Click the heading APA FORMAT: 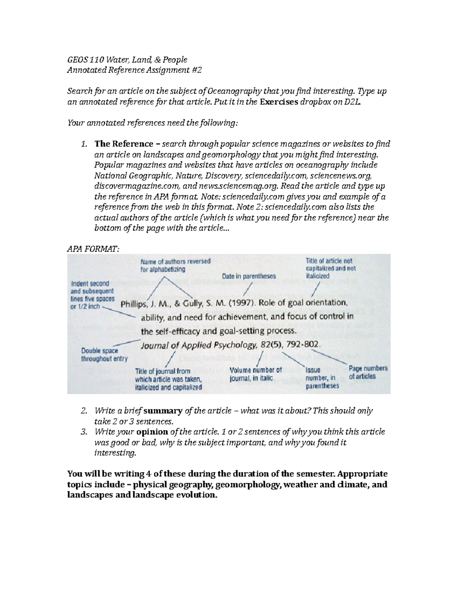[x=93, y=249]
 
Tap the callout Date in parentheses [x=248, y=276]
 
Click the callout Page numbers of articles [x=368, y=372]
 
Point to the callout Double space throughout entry [x=104, y=354]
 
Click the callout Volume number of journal [x=255, y=374]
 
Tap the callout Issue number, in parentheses [x=322, y=378]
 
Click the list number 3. [x=84, y=432]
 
